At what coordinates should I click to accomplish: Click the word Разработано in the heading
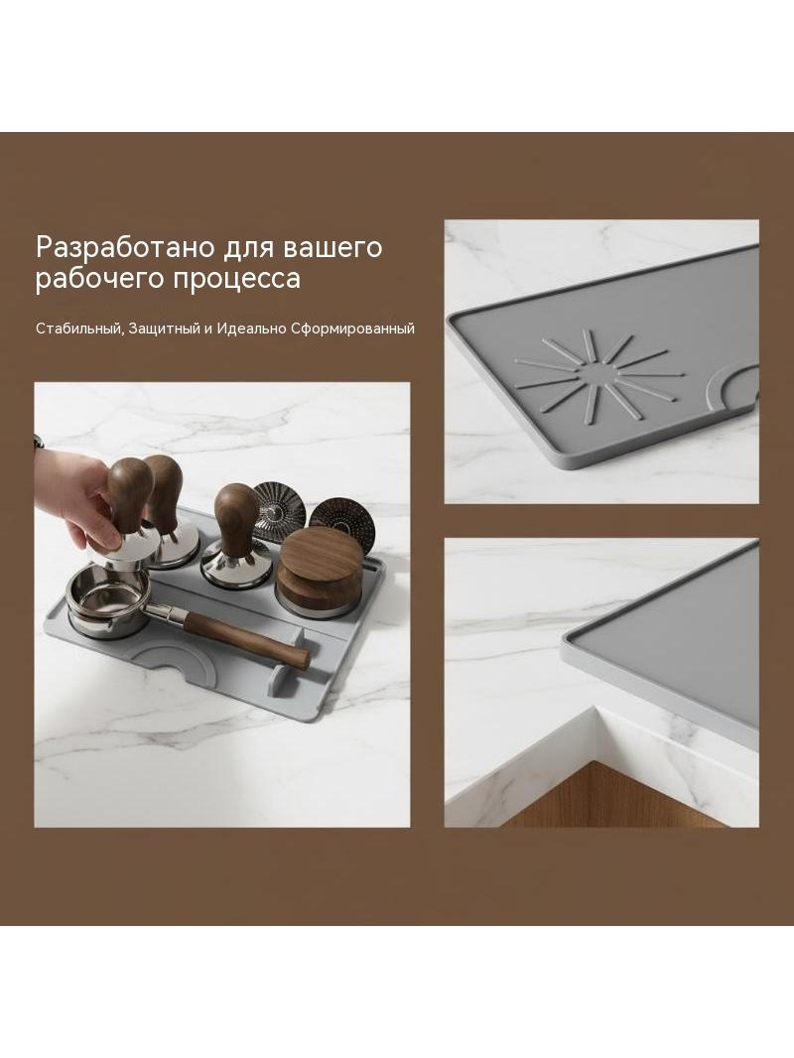(125, 247)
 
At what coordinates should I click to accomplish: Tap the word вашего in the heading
(332, 247)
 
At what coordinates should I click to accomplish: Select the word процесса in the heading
(237, 279)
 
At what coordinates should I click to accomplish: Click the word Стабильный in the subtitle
(79, 330)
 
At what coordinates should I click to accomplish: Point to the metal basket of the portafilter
(108, 600)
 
